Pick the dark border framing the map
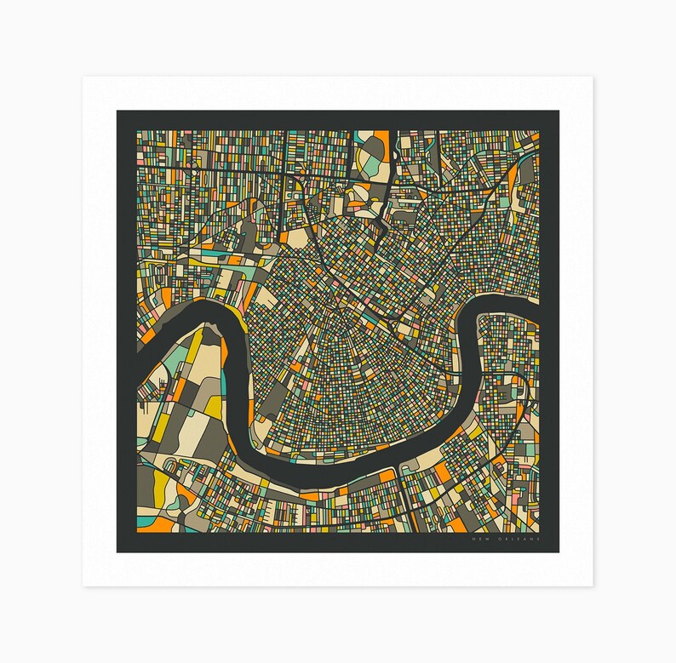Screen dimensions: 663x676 click(x=123, y=340)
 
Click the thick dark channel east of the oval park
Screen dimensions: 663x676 click(x=391, y=170)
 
